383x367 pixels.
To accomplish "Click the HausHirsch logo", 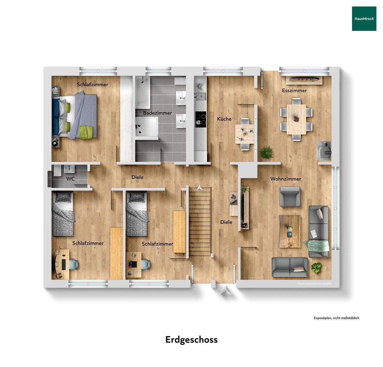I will (364, 19).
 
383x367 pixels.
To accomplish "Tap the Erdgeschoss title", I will (191, 339).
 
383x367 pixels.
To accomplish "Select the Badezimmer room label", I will (157, 113).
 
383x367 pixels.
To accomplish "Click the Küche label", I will (224, 119).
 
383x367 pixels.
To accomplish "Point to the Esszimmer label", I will (294, 90).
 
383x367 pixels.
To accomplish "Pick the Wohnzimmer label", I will (286, 179).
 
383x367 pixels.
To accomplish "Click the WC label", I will (70, 179).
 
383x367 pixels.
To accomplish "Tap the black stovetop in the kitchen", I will (201, 118).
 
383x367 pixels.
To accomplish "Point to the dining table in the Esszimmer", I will (296, 119).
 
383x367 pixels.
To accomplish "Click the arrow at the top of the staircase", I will (199, 187).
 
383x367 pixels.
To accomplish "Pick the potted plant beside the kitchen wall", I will (266, 153).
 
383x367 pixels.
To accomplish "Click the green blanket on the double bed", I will (86, 132).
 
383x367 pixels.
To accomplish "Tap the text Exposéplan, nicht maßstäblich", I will (336, 318).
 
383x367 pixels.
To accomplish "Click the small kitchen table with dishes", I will (244, 134).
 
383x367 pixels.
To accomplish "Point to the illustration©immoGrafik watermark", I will (315, 284).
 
